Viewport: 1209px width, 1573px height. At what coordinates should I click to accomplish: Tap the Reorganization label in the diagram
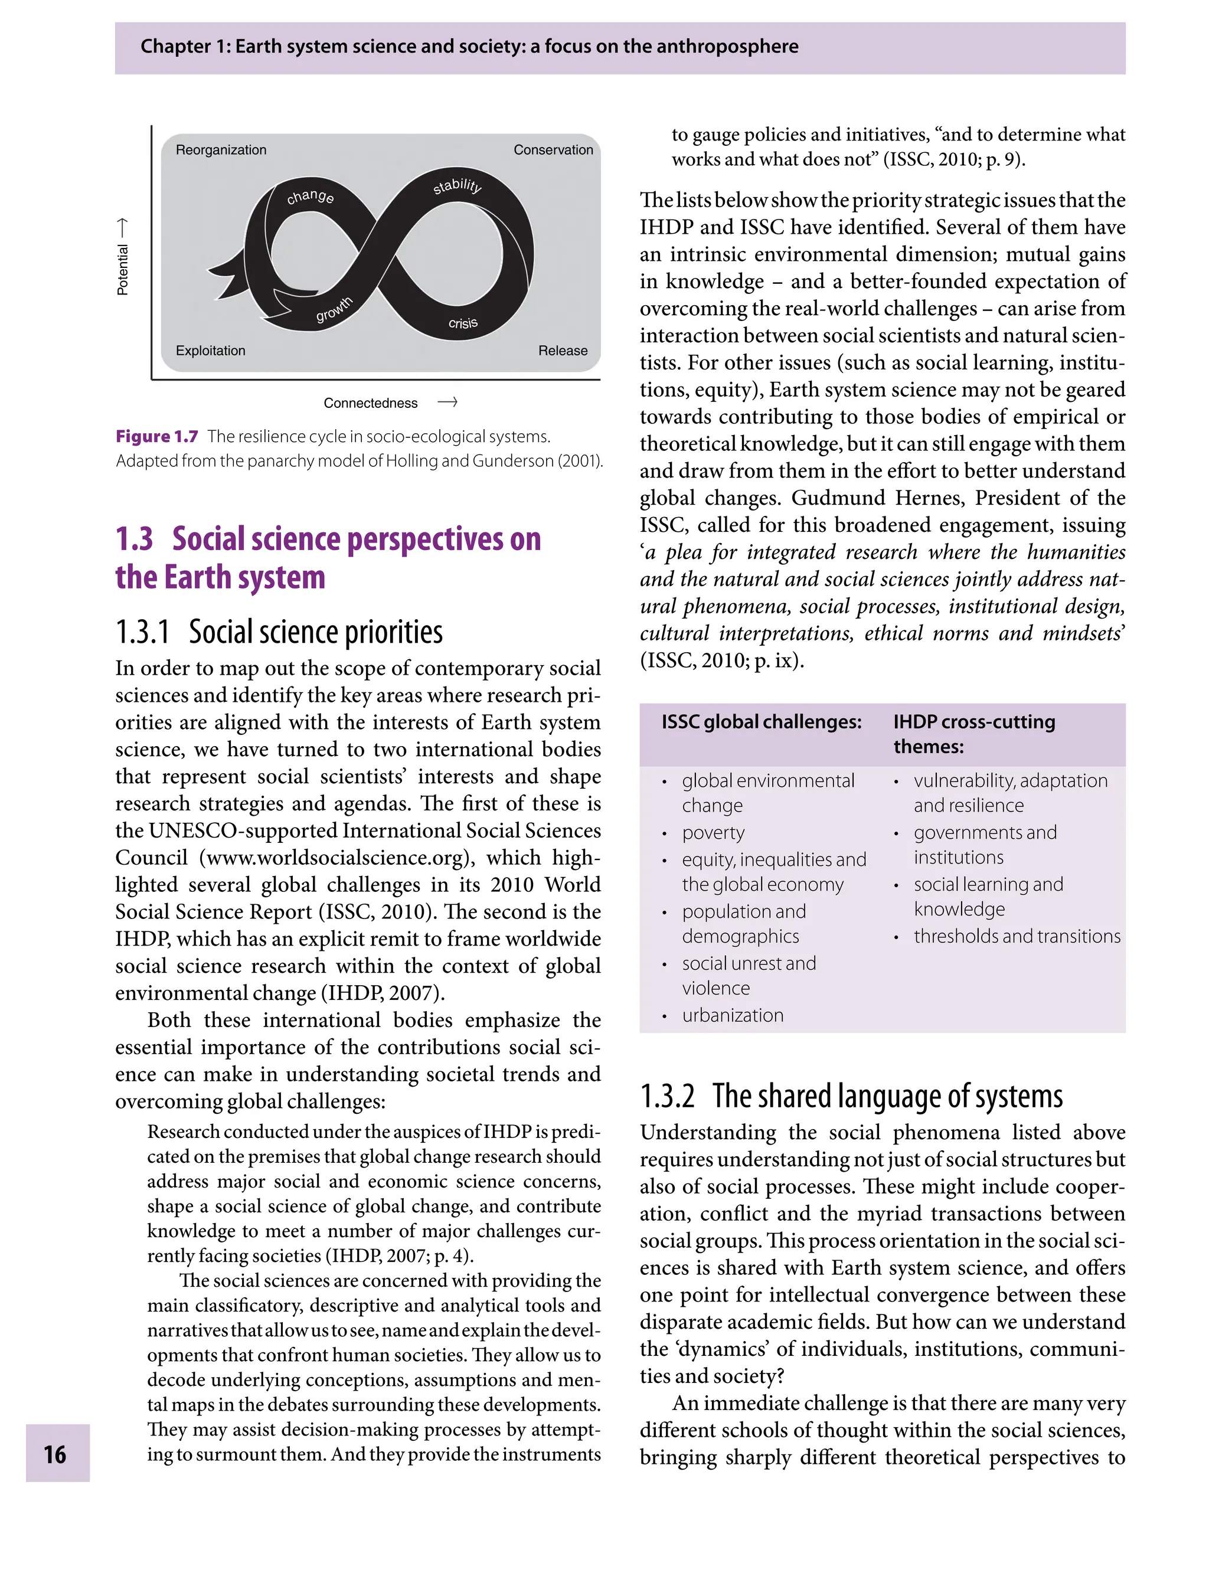pyautogui.click(x=221, y=150)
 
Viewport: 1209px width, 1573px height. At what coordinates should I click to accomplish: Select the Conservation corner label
pyautogui.click(x=553, y=150)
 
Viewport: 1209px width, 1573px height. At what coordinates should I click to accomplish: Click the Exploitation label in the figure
pyautogui.click(x=210, y=351)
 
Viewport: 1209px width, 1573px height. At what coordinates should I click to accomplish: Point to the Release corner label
pyautogui.click(x=562, y=351)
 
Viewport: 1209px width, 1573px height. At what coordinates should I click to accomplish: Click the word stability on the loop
pyautogui.click(x=457, y=186)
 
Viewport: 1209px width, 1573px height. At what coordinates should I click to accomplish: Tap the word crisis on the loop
pyautogui.click(x=463, y=323)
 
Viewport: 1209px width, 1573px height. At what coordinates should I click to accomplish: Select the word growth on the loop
pyautogui.click(x=334, y=309)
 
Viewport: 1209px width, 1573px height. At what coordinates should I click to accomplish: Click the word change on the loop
pyautogui.click(x=310, y=197)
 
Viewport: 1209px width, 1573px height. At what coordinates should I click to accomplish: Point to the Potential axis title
pyautogui.click(x=123, y=270)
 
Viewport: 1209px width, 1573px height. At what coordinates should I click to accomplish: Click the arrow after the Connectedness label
pyautogui.click(x=447, y=402)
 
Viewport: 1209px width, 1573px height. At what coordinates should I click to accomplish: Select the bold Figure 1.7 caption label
pyautogui.click(x=157, y=437)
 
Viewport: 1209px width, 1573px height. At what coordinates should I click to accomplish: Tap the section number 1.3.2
pyautogui.click(x=667, y=1096)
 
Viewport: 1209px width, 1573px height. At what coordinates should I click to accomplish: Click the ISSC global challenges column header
pyautogui.click(x=762, y=722)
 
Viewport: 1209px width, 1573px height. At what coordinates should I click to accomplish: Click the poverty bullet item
pyautogui.click(x=713, y=833)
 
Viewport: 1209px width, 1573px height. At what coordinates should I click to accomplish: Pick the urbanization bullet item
pyautogui.click(x=733, y=1015)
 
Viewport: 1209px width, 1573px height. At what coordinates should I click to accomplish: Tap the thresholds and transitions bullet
pyautogui.click(x=1017, y=936)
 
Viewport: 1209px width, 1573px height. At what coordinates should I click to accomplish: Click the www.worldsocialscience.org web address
pyautogui.click(x=334, y=858)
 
